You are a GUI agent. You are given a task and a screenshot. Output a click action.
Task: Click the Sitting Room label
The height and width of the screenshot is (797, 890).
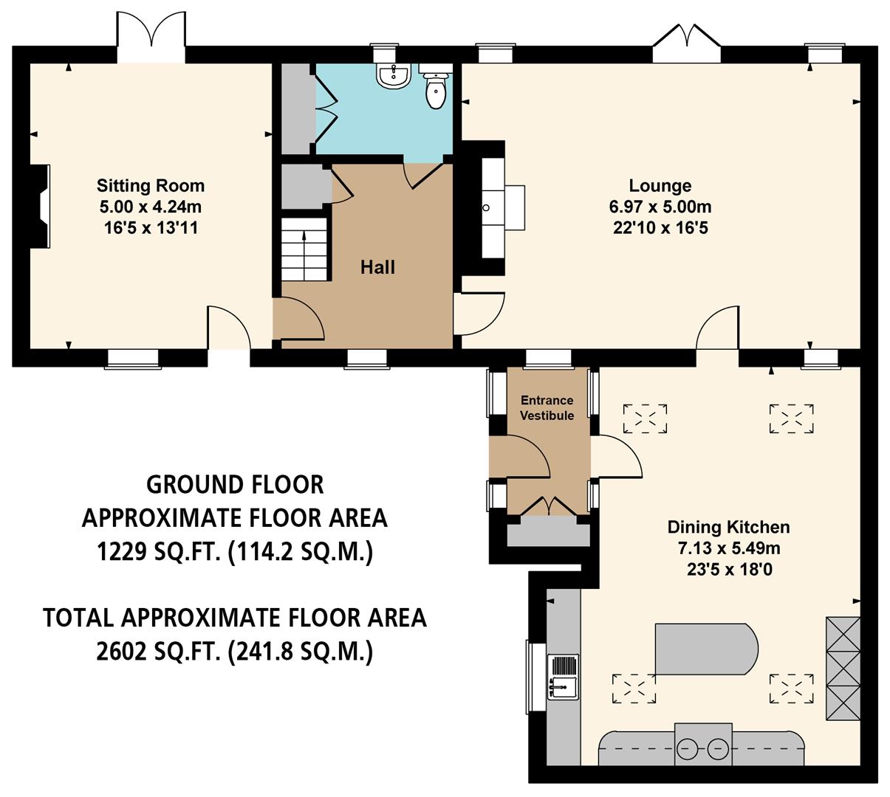pos(151,185)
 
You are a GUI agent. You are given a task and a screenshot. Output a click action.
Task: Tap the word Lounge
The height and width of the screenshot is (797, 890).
pos(660,185)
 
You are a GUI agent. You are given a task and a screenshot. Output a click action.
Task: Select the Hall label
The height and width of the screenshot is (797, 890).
pos(377,267)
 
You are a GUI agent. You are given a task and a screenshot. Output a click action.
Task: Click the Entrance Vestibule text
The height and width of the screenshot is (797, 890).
pos(547,407)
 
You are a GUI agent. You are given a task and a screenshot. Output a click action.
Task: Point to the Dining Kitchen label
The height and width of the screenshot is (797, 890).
pos(728,527)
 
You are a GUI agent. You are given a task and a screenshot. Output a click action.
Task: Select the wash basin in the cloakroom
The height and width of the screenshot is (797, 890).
pos(392,75)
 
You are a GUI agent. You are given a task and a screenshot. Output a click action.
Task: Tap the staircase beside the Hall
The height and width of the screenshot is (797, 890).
pos(304,249)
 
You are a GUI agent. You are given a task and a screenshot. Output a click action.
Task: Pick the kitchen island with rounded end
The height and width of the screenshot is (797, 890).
pos(705,649)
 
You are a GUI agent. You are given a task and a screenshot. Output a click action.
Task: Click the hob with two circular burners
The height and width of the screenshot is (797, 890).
pos(704,748)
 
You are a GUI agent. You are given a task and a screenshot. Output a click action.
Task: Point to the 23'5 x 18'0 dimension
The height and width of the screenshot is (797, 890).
pos(728,570)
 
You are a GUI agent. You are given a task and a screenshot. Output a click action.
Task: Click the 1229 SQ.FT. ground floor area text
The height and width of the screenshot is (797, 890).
pos(235,552)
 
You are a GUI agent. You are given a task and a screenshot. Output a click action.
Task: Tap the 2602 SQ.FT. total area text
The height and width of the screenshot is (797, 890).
pos(235,652)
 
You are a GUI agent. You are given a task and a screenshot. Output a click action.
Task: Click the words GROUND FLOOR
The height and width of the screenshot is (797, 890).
pos(235,485)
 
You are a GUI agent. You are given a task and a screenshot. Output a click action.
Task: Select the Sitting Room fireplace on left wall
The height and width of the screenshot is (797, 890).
pos(41,206)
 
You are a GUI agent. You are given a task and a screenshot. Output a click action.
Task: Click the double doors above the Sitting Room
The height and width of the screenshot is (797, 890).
pos(151,35)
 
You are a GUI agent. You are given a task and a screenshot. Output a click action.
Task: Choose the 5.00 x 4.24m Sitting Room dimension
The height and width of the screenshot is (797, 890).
pos(151,207)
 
